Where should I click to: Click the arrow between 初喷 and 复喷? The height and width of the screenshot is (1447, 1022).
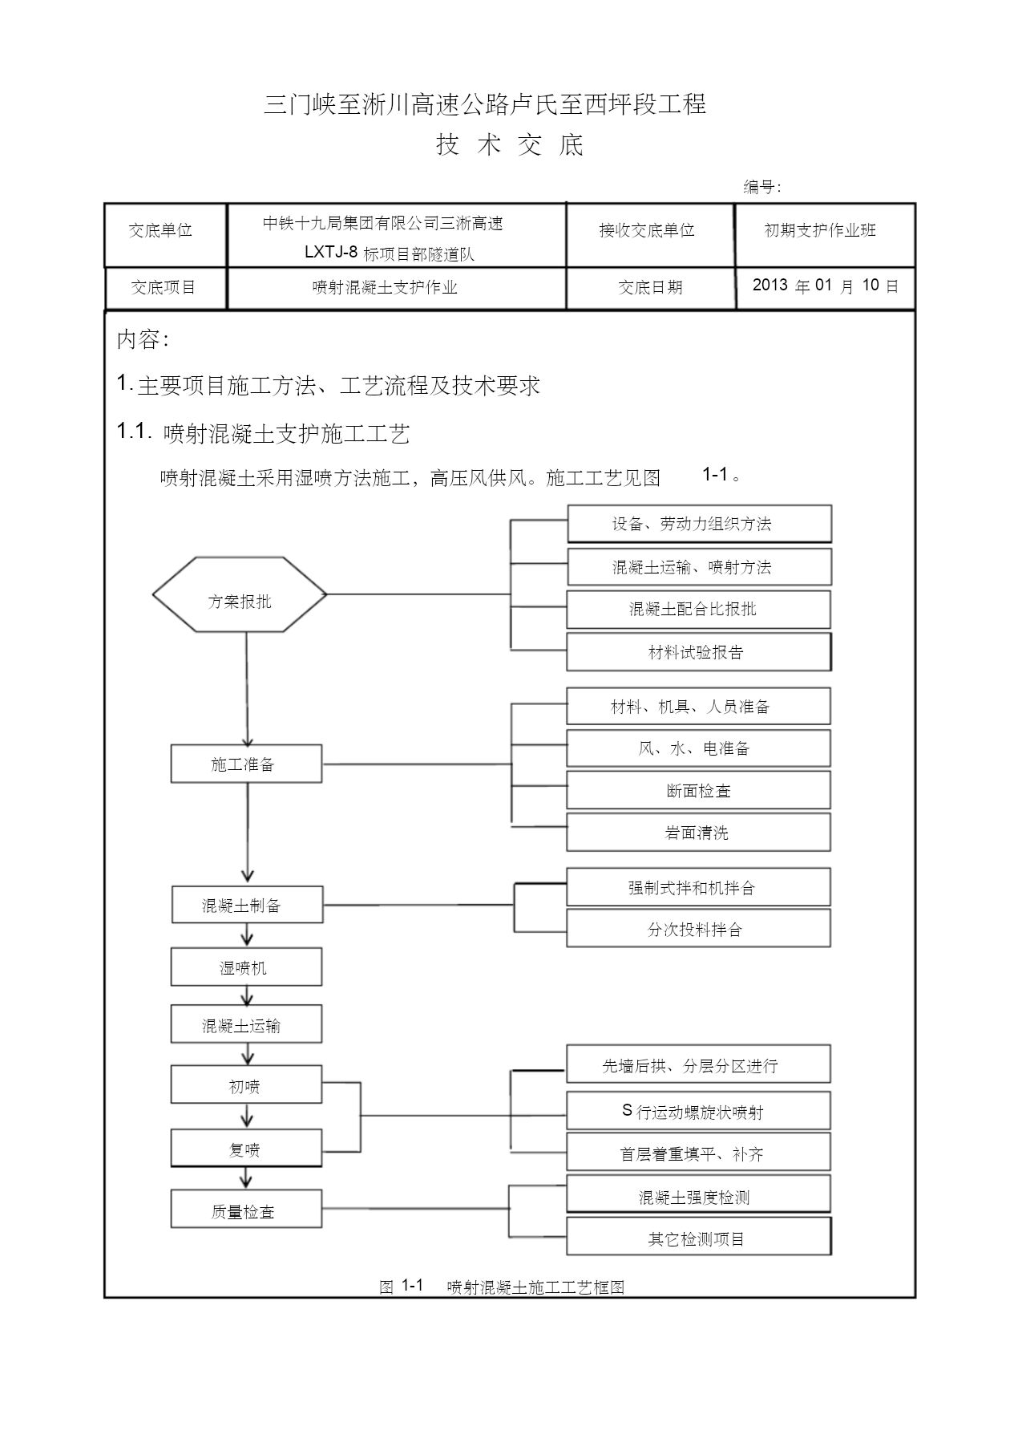247,1117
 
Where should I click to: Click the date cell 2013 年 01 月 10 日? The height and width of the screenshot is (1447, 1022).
826,286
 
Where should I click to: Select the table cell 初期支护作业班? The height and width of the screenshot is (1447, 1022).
820,230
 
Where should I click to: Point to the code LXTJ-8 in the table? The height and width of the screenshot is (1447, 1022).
330,252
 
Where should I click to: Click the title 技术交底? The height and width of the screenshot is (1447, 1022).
511,144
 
